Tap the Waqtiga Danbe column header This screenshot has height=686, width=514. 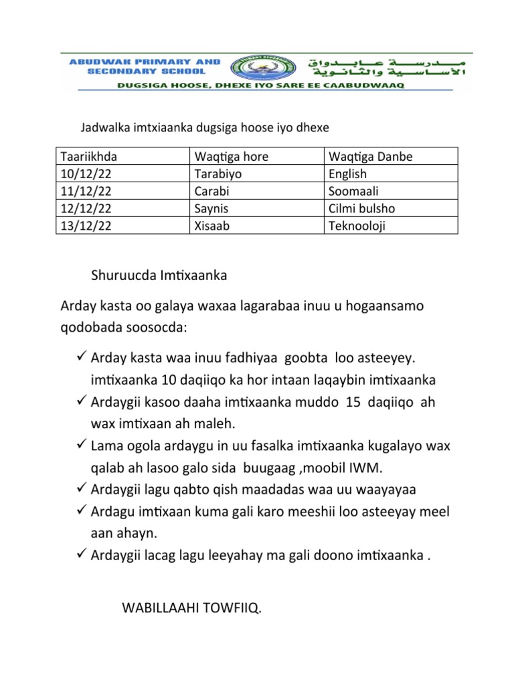[370, 157]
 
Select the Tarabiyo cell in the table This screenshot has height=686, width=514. [218, 174]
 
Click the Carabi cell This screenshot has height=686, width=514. [211, 192]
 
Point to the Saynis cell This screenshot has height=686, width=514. [211, 209]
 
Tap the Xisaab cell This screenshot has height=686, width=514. [211, 226]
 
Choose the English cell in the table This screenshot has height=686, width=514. [348, 174]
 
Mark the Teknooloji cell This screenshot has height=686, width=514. [357, 226]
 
